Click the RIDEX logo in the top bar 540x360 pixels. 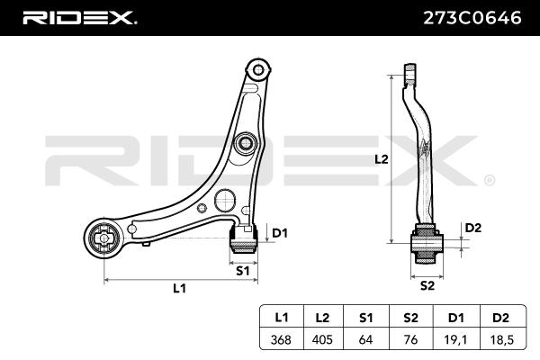point(78,16)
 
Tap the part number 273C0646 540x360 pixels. point(472,16)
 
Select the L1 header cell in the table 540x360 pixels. point(281,318)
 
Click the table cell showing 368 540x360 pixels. point(281,340)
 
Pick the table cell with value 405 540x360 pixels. point(324,340)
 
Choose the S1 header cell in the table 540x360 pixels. point(366,318)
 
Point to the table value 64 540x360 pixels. point(366,340)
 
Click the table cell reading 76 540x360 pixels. point(409,340)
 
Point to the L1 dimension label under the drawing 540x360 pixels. point(179,289)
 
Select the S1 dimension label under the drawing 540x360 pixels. point(242,270)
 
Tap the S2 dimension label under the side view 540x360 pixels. point(427,286)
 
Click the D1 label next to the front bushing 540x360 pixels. point(279,233)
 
